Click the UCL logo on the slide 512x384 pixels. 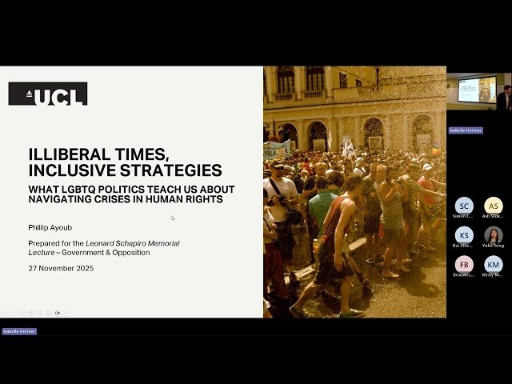click(x=47, y=94)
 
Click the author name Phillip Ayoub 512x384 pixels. click(x=50, y=227)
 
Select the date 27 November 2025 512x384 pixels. click(x=61, y=268)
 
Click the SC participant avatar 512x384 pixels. click(x=464, y=206)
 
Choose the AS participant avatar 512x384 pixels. click(x=494, y=206)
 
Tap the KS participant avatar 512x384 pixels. click(x=464, y=235)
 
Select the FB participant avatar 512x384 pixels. click(x=464, y=265)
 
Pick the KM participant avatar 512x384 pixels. click(x=494, y=265)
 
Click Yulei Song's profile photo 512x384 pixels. click(x=494, y=235)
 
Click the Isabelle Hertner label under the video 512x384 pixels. click(x=465, y=130)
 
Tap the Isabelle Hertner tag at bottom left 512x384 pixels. click(x=19, y=331)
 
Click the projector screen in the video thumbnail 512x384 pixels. click(x=477, y=88)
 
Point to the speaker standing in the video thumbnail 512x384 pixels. click(x=504, y=98)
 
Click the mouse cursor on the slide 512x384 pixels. click(x=173, y=218)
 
